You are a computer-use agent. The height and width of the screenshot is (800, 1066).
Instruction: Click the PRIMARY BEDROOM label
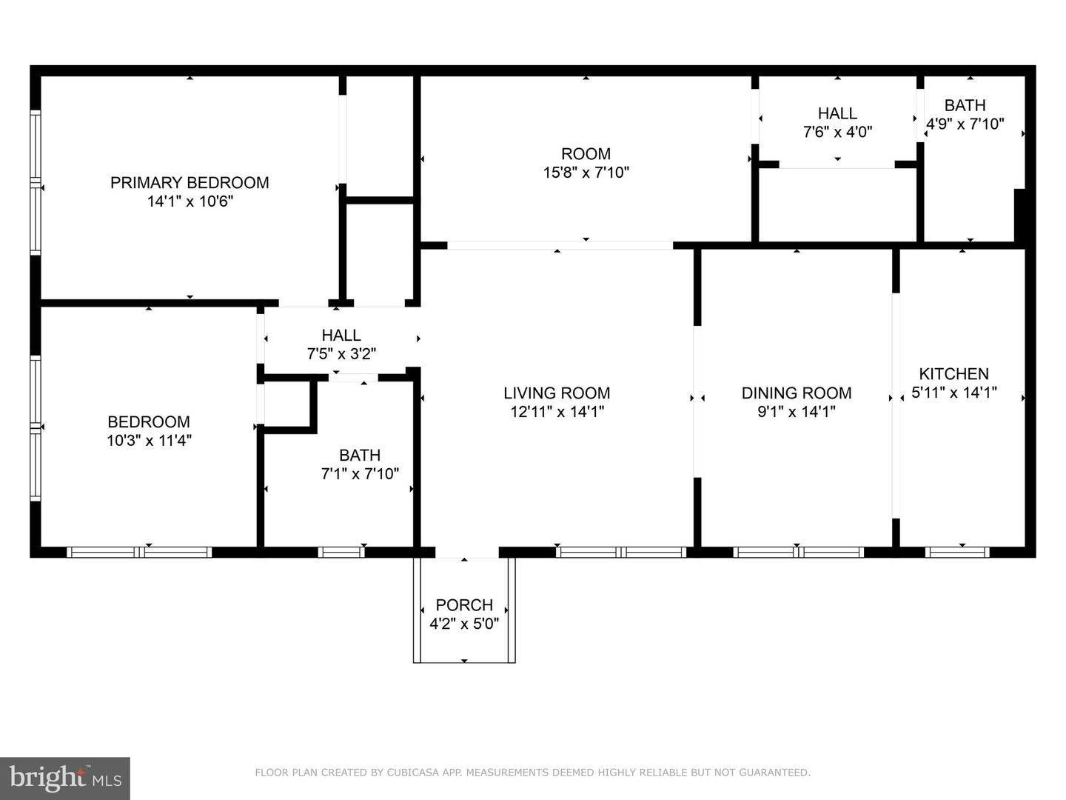tap(190, 183)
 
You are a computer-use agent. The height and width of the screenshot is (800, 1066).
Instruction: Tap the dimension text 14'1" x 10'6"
tap(190, 201)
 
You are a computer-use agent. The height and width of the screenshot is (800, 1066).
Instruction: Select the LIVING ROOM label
tap(557, 393)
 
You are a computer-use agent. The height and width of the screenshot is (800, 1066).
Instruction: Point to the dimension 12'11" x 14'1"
tap(557, 411)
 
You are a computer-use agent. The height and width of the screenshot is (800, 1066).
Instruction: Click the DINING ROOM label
tap(797, 393)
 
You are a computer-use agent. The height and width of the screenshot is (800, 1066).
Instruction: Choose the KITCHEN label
tap(953, 374)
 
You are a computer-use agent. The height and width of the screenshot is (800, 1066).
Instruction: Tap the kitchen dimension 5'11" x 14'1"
tap(953, 393)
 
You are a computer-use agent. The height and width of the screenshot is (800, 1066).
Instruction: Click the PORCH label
tap(464, 605)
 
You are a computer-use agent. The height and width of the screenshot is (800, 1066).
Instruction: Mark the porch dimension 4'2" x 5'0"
tap(464, 624)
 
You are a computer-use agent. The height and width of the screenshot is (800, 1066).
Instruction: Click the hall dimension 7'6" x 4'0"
tap(837, 132)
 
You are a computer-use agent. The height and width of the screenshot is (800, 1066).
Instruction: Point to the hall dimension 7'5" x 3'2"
tap(341, 353)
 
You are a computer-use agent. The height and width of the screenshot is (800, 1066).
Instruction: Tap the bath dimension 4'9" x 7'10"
tap(965, 124)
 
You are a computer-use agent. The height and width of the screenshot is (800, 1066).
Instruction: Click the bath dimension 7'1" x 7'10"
tap(360, 473)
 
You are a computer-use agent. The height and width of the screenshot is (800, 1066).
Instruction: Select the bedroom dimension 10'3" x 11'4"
tap(149, 441)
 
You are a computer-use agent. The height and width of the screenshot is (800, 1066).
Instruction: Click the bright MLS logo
tap(65, 778)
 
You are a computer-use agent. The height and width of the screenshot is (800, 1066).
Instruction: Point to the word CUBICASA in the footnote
tap(410, 773)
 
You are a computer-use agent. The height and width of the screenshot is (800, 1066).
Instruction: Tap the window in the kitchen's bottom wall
tap(956, 553)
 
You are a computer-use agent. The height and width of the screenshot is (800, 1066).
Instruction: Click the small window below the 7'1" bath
tap(341, 553)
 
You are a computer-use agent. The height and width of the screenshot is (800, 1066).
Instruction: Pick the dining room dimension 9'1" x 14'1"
tap(797, 411)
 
